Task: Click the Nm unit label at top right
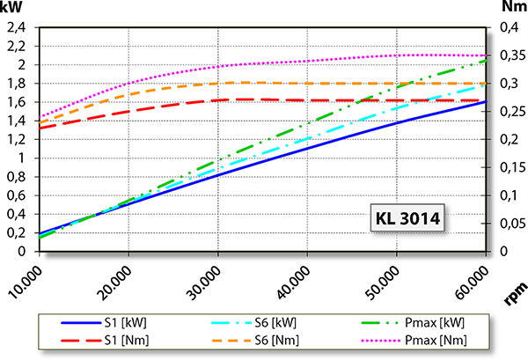(x=511, y=8)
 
